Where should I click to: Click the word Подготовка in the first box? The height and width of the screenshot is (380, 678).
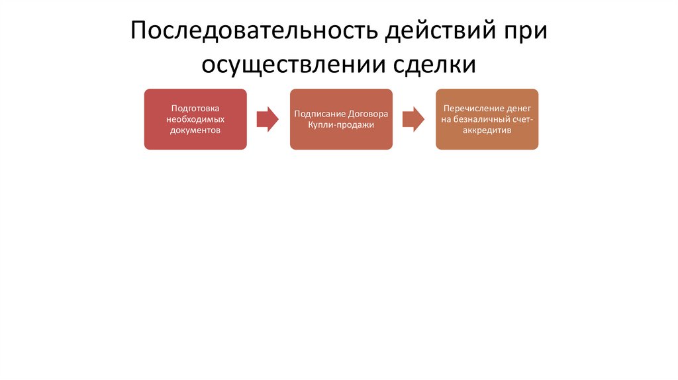coord(195,108)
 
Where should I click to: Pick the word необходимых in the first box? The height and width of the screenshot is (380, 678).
coord(195,119)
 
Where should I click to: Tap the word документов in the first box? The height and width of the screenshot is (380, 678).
coord(195,130)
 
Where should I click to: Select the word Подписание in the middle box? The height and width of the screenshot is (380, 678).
coord(320,113)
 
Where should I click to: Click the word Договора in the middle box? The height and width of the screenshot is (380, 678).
coord(368,113)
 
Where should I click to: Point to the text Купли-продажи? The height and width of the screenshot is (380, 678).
coord(341,124)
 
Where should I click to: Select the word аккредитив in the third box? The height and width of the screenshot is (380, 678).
coord(487,130)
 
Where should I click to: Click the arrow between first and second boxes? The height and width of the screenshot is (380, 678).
coord(267,119)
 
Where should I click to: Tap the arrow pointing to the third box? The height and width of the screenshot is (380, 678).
coord(414,119)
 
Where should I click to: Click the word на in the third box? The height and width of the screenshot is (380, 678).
coord(445,119)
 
